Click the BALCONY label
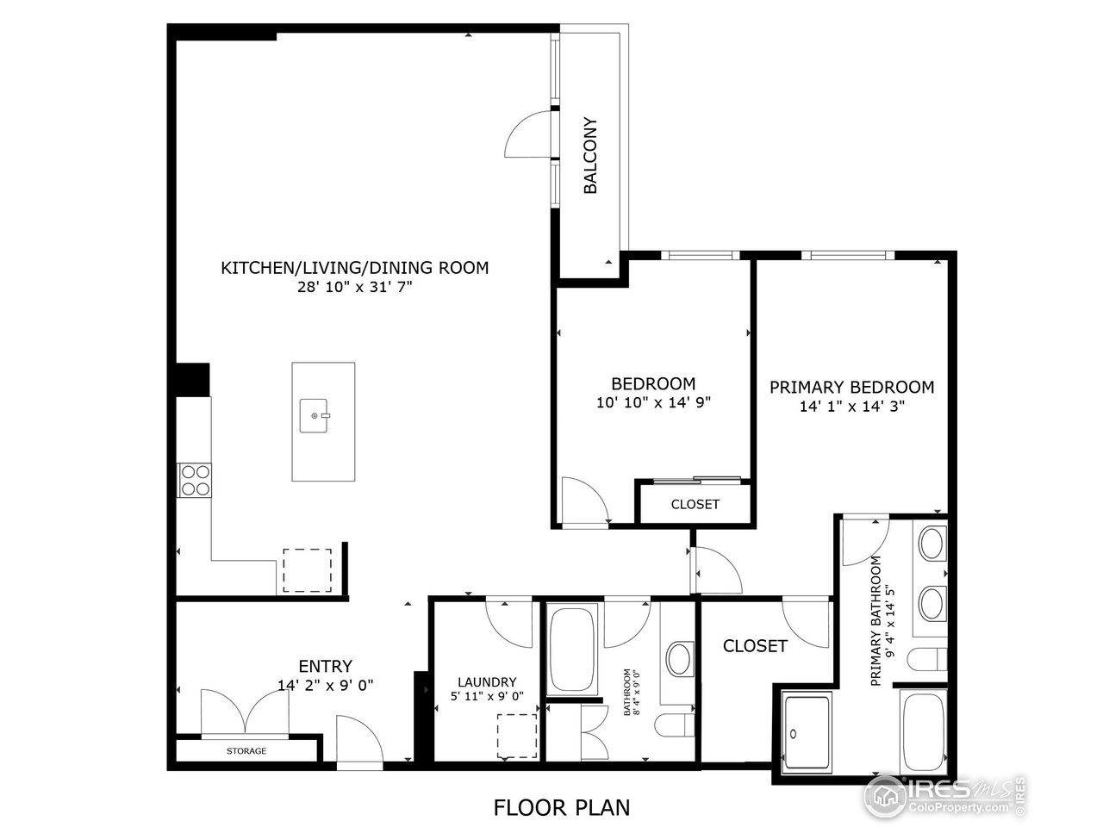[x=591, y=155]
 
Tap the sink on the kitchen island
[x=314, y=416]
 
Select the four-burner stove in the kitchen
[x=194, y=480]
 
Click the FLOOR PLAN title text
[x=561, y=807]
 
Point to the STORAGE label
[x=246, y=751]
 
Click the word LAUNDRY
[x=487, y=681]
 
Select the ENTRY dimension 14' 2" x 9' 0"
[x=326, y=686]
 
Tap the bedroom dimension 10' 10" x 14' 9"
[x=652, y=401]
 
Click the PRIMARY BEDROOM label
[x=851, y=388]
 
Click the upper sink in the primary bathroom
[x=931, y=544]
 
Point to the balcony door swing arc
[x=527, y=136]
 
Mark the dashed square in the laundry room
[x=516, y=735]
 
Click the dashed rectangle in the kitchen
[x=307, y=570]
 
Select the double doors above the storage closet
[x=245, y=712]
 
